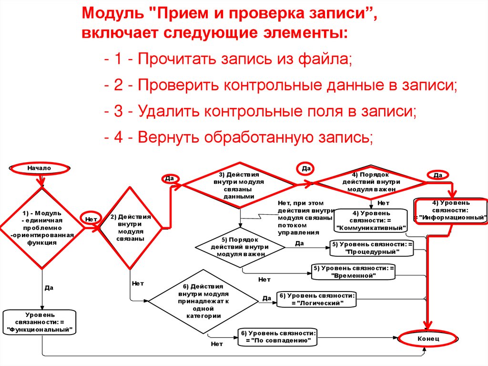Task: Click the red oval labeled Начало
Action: pos(39,168)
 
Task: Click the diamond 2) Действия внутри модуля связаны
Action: pos(127,228)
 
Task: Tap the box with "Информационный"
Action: pos(451,210)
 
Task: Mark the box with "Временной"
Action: pos(354,272)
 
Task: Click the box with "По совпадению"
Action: pos(278,336)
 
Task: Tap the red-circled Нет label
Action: pos(91,219)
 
